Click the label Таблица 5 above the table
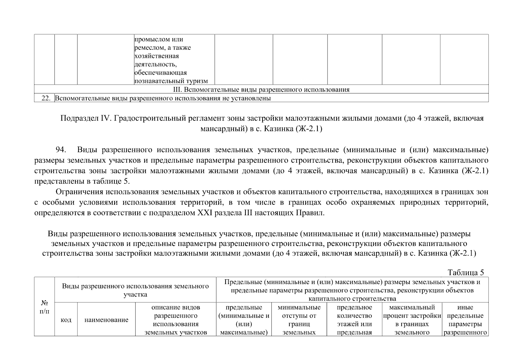[x=466, y=272]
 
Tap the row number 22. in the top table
[x=46, y=98]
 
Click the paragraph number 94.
[x=62, y=150]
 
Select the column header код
[x=66, y=320]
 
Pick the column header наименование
[x=106, y=320]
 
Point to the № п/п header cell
[x=44, y=307]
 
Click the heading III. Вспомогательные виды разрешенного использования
[x=261, y=90]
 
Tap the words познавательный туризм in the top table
[x=171, y=81]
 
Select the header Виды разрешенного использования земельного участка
[x=135, y=290]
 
